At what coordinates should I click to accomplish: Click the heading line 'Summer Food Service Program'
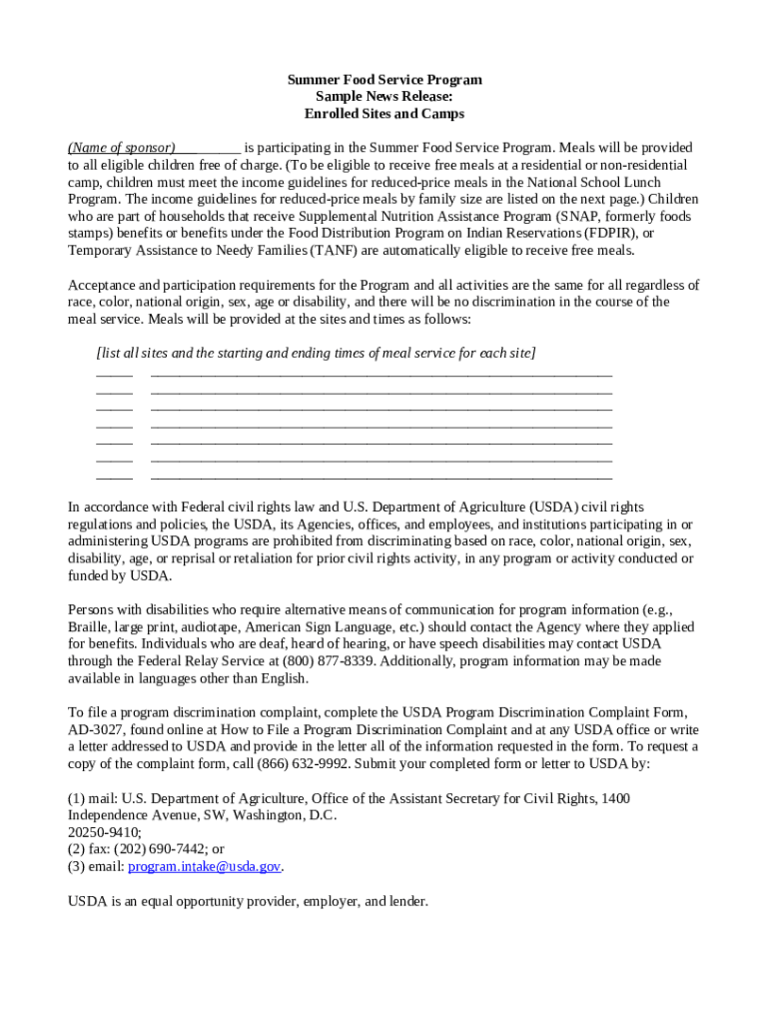tap(384, 79)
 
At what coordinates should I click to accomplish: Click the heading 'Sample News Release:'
tap(384, 97)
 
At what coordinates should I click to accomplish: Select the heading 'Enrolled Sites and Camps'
tap(384, 114)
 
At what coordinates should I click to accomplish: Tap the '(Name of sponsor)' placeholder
tap(121, 147)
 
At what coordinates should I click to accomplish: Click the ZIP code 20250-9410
tap(104, 832)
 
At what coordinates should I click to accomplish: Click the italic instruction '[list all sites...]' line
tap(316, 353)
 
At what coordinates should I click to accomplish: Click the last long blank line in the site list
tap(381, 477)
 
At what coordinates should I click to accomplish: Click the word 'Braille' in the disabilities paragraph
tap(88, 626)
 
